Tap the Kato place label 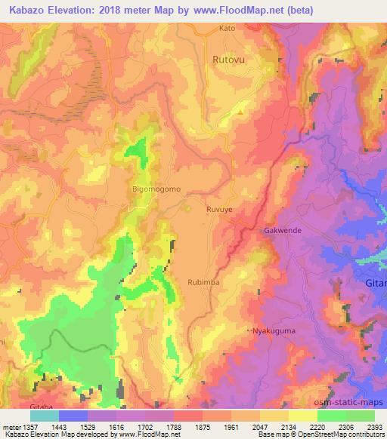pyautogui.click(x=227, y=29)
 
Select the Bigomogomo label pyautogui.click(x=156, y=189)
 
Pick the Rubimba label pyautogui.click(x=203, y=281)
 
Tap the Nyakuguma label pyautogui.click(x=274, y=330)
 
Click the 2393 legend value pyautogui.click(x=374, y=425)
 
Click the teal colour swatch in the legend pyautogui.click(x=45, y=415)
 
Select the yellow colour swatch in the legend pyautogui.click(x=302, y=415)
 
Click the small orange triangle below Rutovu pyautogui.click(x=240, y=112)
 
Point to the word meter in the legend pyautogui.click(x=11, y=425)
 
